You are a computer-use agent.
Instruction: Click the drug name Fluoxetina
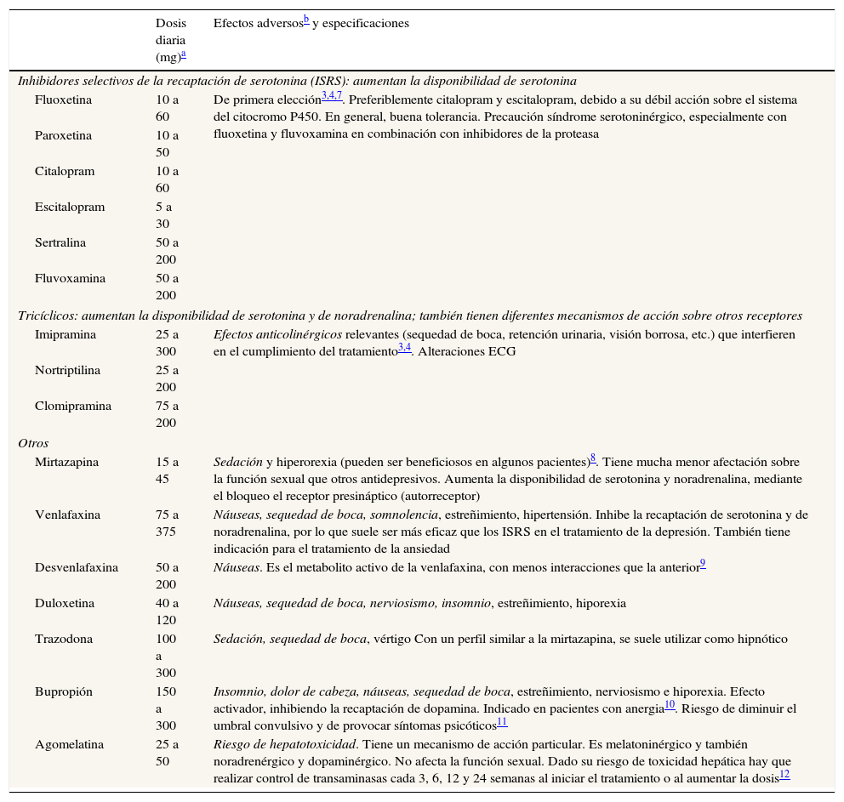(64, 100)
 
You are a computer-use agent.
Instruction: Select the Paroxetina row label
(64, 135)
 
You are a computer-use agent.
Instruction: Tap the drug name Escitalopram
(70, 207)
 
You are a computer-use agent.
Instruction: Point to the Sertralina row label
(63, 242)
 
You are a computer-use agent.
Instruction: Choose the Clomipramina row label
(73, 406)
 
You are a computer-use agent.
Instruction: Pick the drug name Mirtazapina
(66, 462)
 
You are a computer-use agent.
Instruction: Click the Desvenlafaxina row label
(77, 567)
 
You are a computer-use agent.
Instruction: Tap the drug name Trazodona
(64, 639)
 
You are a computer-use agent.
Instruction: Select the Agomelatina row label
(69, 744)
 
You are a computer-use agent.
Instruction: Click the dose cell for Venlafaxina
(167, 523)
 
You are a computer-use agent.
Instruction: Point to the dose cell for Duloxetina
(167, 611)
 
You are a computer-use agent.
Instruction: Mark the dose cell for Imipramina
(167, 343)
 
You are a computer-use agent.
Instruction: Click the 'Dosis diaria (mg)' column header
(170, 40)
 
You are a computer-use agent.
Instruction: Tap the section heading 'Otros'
(33, 443)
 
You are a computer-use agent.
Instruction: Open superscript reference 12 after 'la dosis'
(784, 775)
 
